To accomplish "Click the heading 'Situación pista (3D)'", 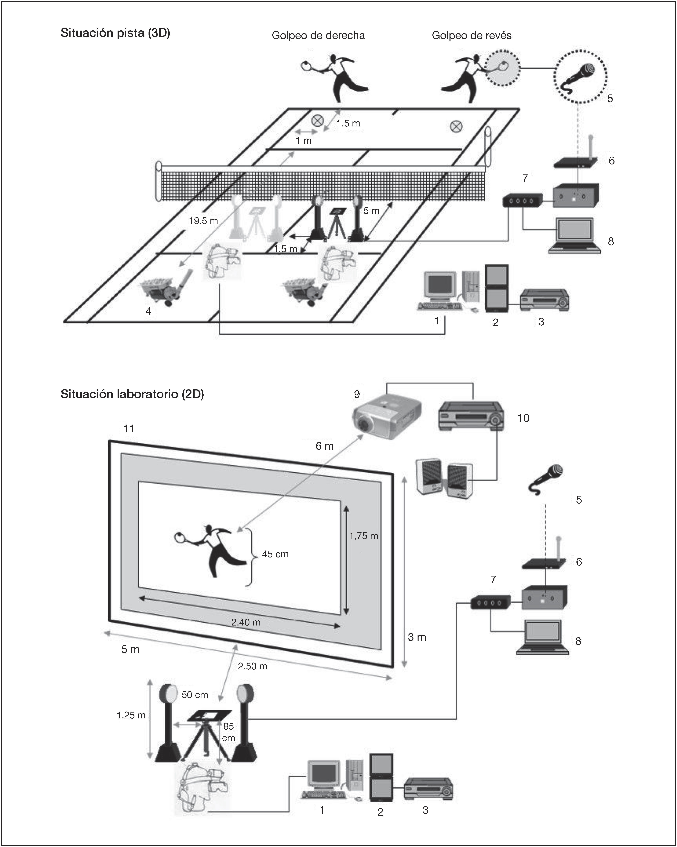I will [115, 33].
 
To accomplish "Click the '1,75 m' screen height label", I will [364, 536].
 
